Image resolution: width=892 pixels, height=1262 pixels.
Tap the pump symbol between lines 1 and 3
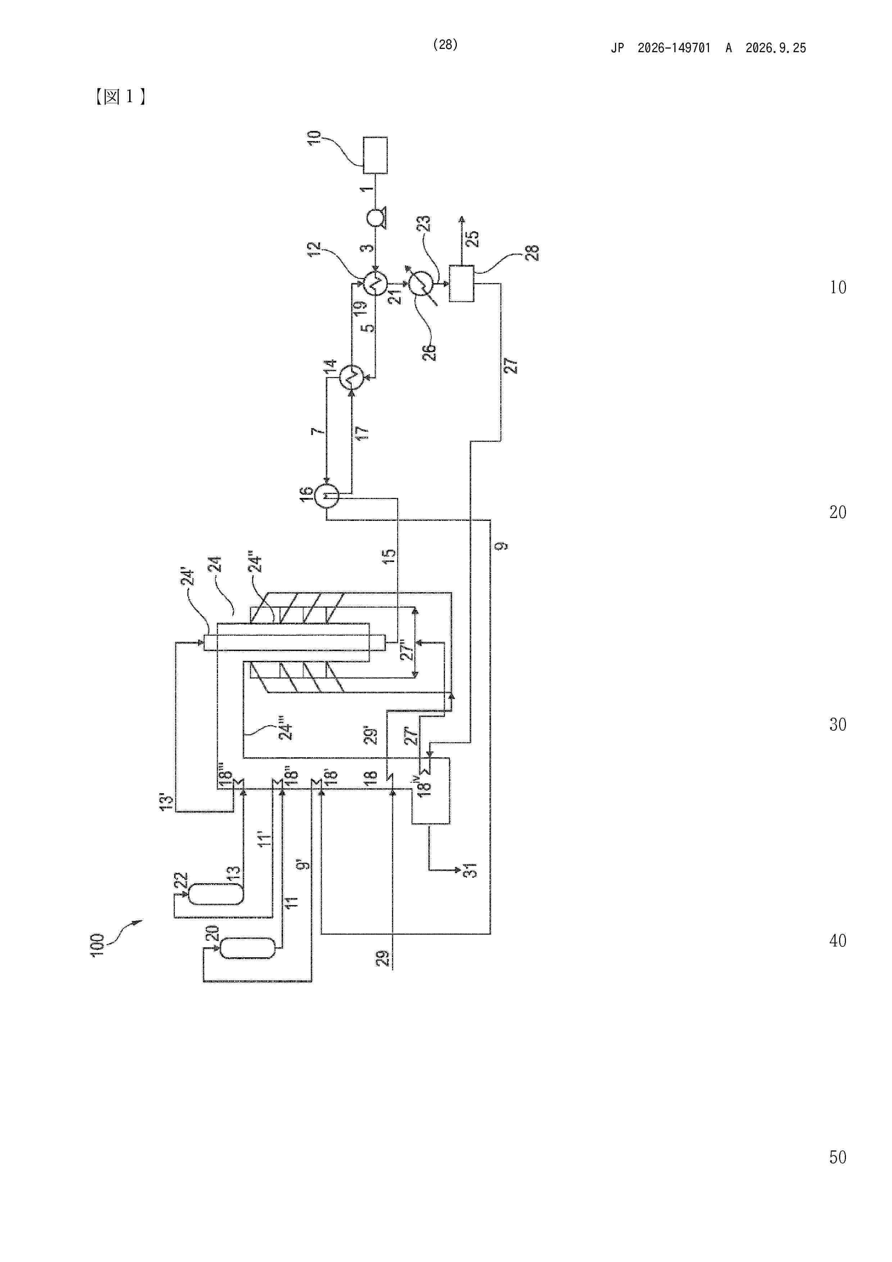(376, 219)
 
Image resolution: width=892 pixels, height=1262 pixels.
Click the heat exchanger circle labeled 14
(352, 377)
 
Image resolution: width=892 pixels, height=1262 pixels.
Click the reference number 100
(97, 945)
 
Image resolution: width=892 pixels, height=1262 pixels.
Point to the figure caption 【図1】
(119, 97)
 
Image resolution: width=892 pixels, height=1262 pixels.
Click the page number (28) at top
(445, 45)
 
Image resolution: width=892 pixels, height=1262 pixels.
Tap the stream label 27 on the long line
(511, 366)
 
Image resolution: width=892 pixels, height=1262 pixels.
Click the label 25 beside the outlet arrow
(472, 239)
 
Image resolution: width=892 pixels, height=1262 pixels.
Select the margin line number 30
(838, 725)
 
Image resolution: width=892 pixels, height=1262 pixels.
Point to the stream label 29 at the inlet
(383, 958)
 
